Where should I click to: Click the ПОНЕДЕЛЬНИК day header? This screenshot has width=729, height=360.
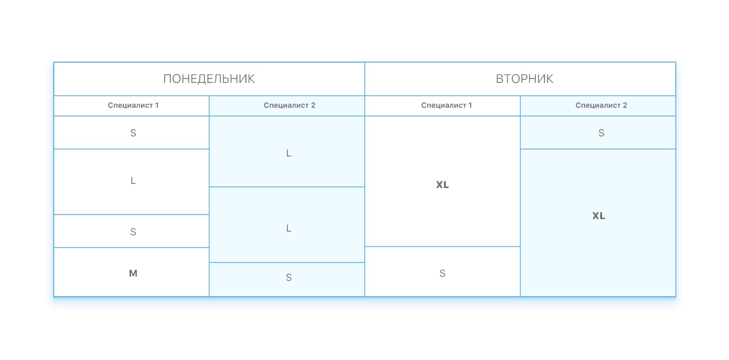coord(209,79)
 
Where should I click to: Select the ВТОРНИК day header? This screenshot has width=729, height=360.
coord(524,79)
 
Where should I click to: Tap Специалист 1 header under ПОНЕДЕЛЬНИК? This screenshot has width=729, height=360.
coord(133,106)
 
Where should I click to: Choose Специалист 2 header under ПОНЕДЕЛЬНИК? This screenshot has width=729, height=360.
coord(289,106)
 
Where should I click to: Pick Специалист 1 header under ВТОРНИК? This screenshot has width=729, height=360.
coord(446,106)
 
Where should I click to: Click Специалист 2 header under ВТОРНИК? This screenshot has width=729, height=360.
coord(601,106)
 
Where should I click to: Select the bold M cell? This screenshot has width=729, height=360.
coord(133,273)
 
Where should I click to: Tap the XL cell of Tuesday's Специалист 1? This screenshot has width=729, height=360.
coord(442,185)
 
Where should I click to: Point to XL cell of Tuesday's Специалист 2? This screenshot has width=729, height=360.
coord(599,216)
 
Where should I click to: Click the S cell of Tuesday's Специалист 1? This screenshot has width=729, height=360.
coord(442,273)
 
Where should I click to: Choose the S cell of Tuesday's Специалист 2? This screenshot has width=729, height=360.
coord(601,133)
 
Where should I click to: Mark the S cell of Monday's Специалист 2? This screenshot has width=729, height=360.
coord(288,278)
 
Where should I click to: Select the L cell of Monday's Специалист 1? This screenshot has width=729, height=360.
coord(133,181)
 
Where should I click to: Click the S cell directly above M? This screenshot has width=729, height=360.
coord(133,232)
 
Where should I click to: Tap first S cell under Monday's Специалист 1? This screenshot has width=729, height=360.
coord(133,133)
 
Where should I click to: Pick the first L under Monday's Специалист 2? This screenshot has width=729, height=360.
coord(288,153)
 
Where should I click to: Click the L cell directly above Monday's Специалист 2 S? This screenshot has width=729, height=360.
coord(288,228)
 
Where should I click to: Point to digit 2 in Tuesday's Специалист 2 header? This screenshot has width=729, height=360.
coord(624,106)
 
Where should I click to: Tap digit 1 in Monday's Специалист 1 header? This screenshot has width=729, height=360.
coord(156,106)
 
